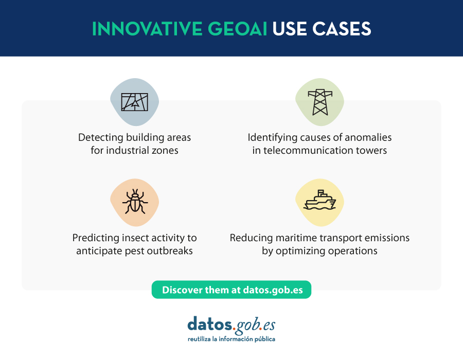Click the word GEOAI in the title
click(x=237, y=29)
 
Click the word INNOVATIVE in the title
click(x=147, y=29)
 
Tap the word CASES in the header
click(x=342, y=29)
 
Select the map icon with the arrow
click(x=135, y=102)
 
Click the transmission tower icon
click(x=320, y=102)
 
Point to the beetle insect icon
click(x=135, y=202)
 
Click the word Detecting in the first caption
click(x=101, y=137)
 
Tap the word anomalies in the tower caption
click(x=368, y=137)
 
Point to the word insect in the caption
click(x=137, y=238)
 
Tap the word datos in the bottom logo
click(x=210, y=324)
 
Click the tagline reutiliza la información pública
click(x=232, y=339)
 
